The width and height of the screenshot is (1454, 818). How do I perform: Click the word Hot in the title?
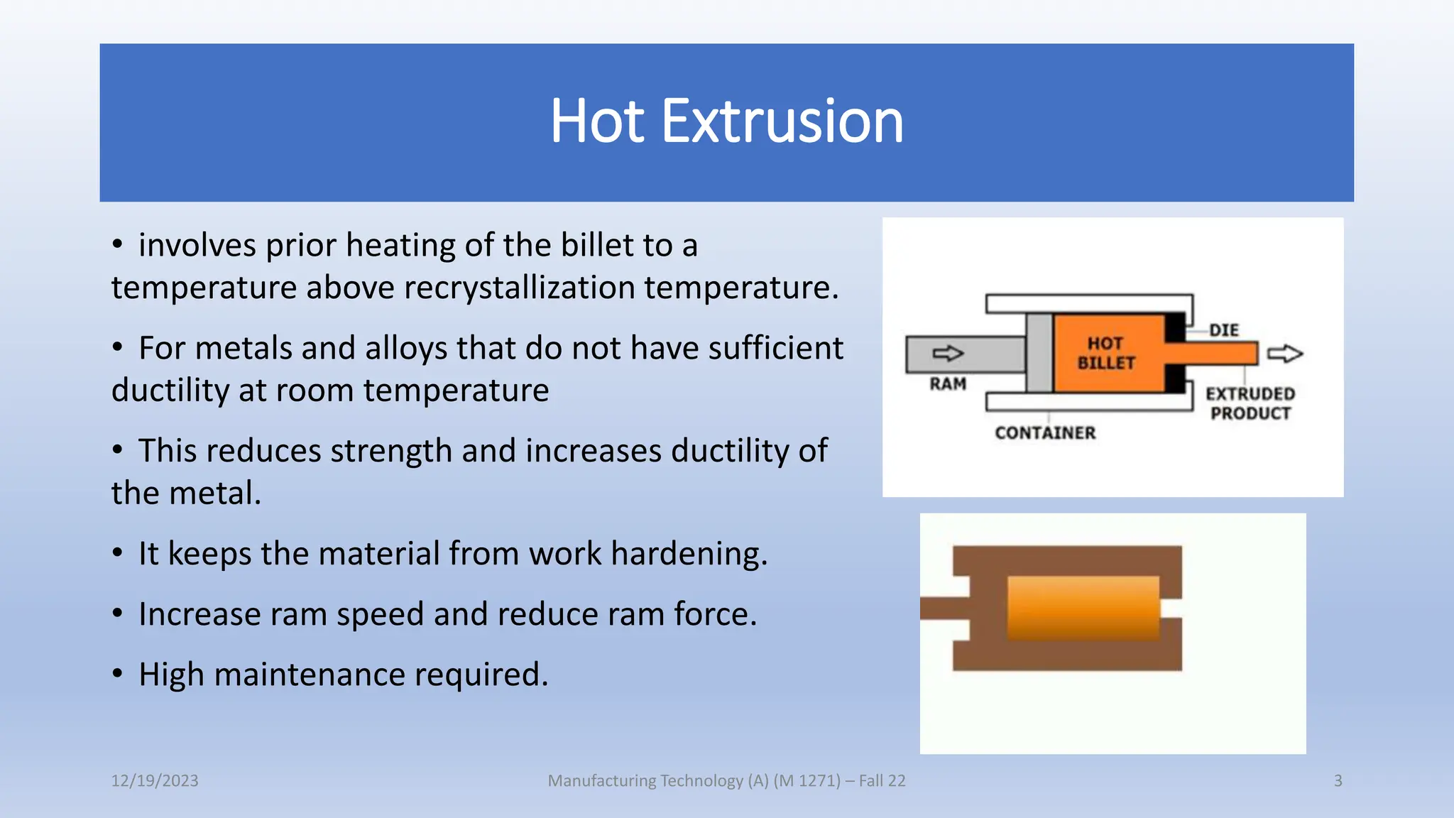597,121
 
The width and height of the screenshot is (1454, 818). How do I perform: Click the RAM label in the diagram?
948,384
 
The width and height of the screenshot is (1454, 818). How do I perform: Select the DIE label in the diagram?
1224,330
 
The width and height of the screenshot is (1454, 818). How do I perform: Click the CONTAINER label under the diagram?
1044,432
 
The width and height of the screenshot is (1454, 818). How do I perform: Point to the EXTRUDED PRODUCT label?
1250,403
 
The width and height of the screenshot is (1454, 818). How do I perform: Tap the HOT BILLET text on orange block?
1105,353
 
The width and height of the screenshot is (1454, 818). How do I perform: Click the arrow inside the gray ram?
948,354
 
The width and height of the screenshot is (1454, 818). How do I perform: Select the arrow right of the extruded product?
1285,354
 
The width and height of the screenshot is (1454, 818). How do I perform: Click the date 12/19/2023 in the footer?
155,780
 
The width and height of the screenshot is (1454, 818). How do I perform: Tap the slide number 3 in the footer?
1338,780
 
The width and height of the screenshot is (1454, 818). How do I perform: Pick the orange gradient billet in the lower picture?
1083,607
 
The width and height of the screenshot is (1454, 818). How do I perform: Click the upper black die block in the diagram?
1174,328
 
